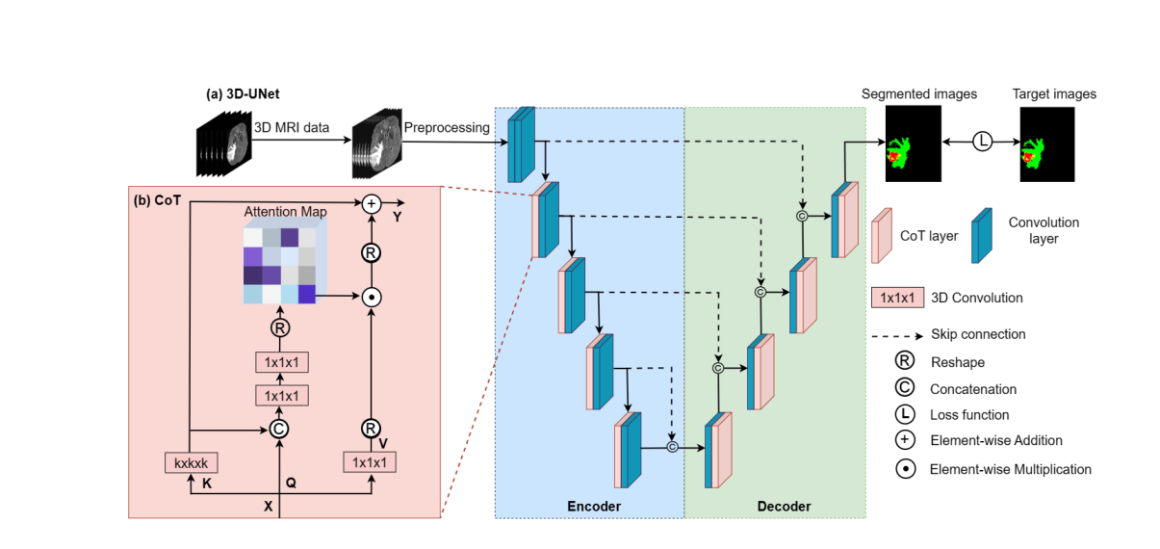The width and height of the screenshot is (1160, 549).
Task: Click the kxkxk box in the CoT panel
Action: [x=192, y=462]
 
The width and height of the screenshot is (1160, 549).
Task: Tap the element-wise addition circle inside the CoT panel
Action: [x=371, y=203]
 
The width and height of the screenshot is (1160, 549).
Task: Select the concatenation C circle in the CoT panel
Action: [x=279, y=429]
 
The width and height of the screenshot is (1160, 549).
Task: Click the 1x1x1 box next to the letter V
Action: [x=371, y=462]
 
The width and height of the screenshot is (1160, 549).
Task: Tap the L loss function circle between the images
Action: [x=982, y=142]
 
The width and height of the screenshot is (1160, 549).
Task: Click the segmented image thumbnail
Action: [x=912, y=144]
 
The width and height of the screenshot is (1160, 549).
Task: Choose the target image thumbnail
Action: [x=1047, y=144]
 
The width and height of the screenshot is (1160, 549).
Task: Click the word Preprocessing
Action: [x=447, y=127]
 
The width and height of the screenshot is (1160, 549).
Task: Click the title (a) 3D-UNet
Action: [x=243, y=94]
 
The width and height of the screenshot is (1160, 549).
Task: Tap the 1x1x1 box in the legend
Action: [x=896, y=298]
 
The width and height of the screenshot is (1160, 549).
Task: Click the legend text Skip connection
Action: [x=977, y=334]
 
